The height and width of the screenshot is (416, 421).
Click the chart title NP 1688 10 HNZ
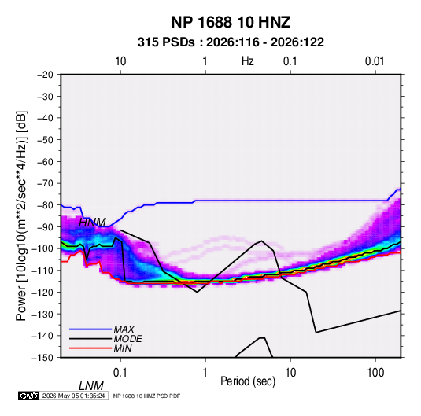point(231,22)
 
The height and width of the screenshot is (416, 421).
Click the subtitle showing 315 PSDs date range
point(231,42)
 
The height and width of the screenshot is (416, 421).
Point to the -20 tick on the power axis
point(45,75)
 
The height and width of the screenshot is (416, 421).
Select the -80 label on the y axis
point(45,205)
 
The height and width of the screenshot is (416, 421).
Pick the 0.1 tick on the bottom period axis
point(120,373)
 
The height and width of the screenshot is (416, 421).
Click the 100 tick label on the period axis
point(375,373)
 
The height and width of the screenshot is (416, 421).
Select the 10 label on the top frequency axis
point(120,61)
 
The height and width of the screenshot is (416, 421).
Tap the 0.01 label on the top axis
point(375,61)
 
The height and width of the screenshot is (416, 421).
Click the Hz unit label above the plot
point(248,61)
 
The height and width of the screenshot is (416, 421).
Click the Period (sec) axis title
point(248,381)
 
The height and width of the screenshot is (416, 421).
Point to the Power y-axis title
point(21,216)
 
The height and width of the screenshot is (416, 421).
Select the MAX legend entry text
point(124,329)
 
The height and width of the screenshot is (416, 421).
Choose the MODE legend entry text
point(127,339)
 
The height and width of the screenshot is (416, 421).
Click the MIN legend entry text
point(123,348)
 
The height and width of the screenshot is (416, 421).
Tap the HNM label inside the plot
point(92,223)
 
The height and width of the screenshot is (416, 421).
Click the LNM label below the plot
point(91,386)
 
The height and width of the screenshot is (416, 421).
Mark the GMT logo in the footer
point(29,396)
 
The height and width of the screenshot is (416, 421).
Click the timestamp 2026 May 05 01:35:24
point(73,396)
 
